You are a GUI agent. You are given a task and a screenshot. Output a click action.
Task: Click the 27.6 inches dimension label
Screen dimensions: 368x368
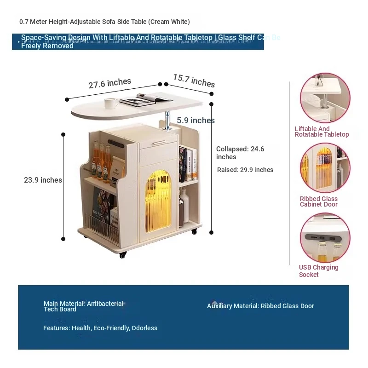pos(110,83)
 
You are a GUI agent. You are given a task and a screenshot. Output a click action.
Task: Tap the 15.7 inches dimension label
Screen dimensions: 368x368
pos(194,80)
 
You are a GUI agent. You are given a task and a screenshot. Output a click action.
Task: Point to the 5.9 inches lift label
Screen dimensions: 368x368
pos(195,121)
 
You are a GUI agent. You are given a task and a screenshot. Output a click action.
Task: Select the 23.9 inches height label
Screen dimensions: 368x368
pos(43,180)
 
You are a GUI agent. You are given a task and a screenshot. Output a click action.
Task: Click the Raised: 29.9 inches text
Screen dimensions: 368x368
pos(245,170)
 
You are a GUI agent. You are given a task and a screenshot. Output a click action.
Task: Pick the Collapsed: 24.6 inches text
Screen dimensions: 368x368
pos(240,153)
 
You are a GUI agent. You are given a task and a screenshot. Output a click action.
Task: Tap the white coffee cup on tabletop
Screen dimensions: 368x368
pos(111,103)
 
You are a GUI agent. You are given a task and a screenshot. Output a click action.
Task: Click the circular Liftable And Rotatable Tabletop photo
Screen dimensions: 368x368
pos(325,98)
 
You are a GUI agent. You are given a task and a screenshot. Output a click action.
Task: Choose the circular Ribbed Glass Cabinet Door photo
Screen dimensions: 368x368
pos(325,168)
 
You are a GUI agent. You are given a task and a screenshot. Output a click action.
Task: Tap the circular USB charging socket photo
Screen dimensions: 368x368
pos(325,237)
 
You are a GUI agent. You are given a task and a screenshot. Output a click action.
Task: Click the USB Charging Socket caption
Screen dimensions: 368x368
pos(318,271)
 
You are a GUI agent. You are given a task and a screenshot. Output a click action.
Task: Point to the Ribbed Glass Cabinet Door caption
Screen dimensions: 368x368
pos(319,201)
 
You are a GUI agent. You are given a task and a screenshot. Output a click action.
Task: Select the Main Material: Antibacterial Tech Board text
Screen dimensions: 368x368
pos(83,306)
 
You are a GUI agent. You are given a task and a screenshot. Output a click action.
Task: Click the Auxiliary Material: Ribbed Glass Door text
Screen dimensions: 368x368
pos(260,306)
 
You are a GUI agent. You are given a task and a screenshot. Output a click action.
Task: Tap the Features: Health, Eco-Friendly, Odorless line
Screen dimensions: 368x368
pos(100,328)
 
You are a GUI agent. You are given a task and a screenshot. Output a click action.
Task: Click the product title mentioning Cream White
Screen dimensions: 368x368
pos(104,22)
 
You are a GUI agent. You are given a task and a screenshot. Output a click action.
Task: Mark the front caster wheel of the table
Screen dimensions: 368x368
pos(122,254)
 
